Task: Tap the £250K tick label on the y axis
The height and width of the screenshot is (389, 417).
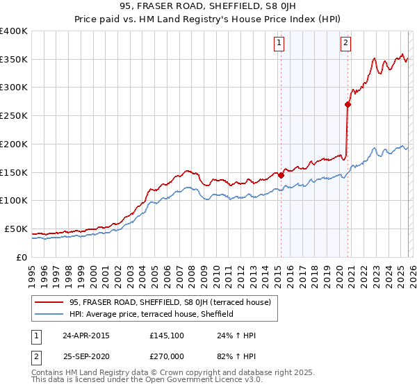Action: click(14, 116)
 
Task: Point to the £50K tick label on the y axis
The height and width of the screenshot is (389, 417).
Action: click(16, 229)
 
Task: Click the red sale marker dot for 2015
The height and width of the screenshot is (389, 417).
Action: click(281, 175)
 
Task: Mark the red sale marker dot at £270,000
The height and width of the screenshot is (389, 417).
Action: click(348, 105)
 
